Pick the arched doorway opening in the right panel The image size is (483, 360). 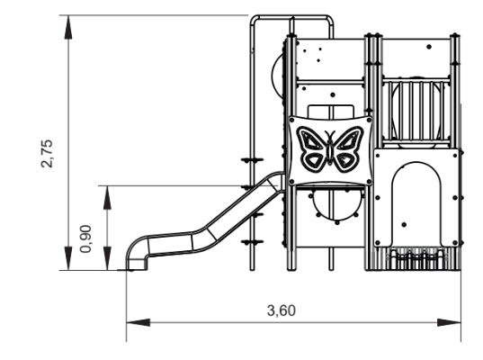(417, 193)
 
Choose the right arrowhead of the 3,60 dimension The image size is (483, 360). (459, 319)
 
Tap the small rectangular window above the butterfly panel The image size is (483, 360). (329, 110)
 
